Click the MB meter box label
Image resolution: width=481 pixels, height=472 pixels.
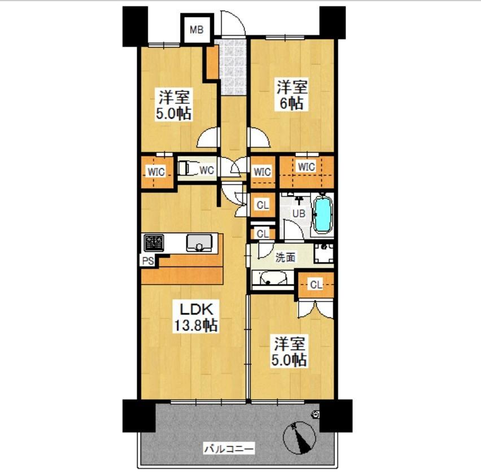(196, 30)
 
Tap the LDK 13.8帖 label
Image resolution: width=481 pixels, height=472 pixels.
(196, 317)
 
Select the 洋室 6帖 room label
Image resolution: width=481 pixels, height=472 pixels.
(292, 95)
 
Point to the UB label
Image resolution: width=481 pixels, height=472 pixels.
(299, 213)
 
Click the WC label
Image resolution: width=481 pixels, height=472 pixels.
(207, 170)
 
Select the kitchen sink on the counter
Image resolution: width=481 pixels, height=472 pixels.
(199, 243)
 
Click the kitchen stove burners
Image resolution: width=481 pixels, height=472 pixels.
(154, 242)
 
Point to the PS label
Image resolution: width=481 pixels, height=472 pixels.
(148, 261)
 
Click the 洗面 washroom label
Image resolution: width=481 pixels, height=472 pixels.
(285, 257)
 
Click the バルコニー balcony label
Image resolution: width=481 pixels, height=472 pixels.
(229, 449)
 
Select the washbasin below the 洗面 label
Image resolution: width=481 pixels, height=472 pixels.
(269, 278)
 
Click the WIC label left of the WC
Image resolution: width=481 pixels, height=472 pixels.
(156, 172)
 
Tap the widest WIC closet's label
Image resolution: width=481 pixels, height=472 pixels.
(306, 167)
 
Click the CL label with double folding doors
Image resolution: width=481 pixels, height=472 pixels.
(316, 285)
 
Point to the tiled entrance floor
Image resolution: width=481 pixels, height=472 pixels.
(233, 67)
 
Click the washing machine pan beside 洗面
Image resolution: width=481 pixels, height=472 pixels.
(324, 254)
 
